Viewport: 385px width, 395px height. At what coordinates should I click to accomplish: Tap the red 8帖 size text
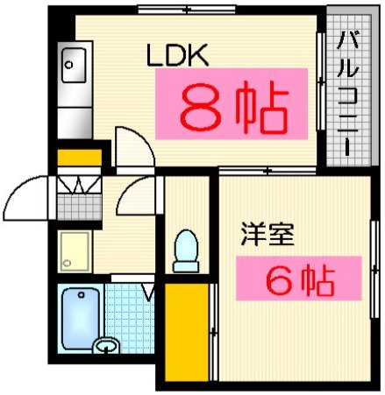234,106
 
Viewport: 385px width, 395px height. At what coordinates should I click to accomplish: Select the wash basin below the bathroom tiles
106,347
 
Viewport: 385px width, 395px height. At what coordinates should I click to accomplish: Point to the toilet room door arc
140,197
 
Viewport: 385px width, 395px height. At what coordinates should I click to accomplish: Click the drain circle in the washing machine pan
68,261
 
